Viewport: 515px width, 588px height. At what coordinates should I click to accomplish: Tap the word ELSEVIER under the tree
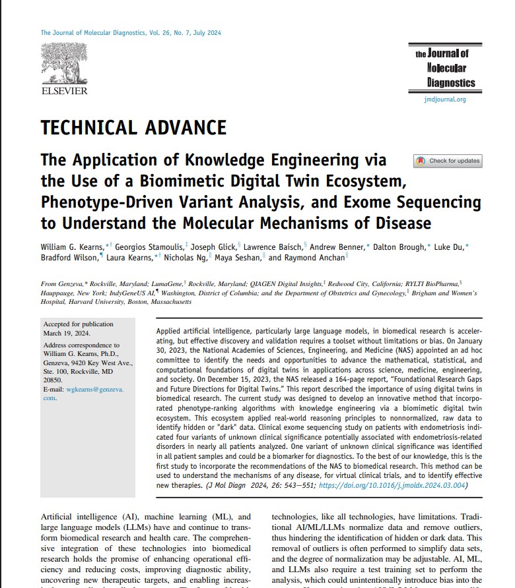[64, 90]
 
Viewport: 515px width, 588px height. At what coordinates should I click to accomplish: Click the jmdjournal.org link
[444, 100]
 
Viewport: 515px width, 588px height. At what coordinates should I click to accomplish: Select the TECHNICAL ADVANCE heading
[133, 127]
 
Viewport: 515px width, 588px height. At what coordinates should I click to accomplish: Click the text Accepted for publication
[78, 324]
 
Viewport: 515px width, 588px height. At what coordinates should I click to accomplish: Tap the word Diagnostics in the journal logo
[450, 83]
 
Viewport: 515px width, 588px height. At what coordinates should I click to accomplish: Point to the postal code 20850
[52, 380]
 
